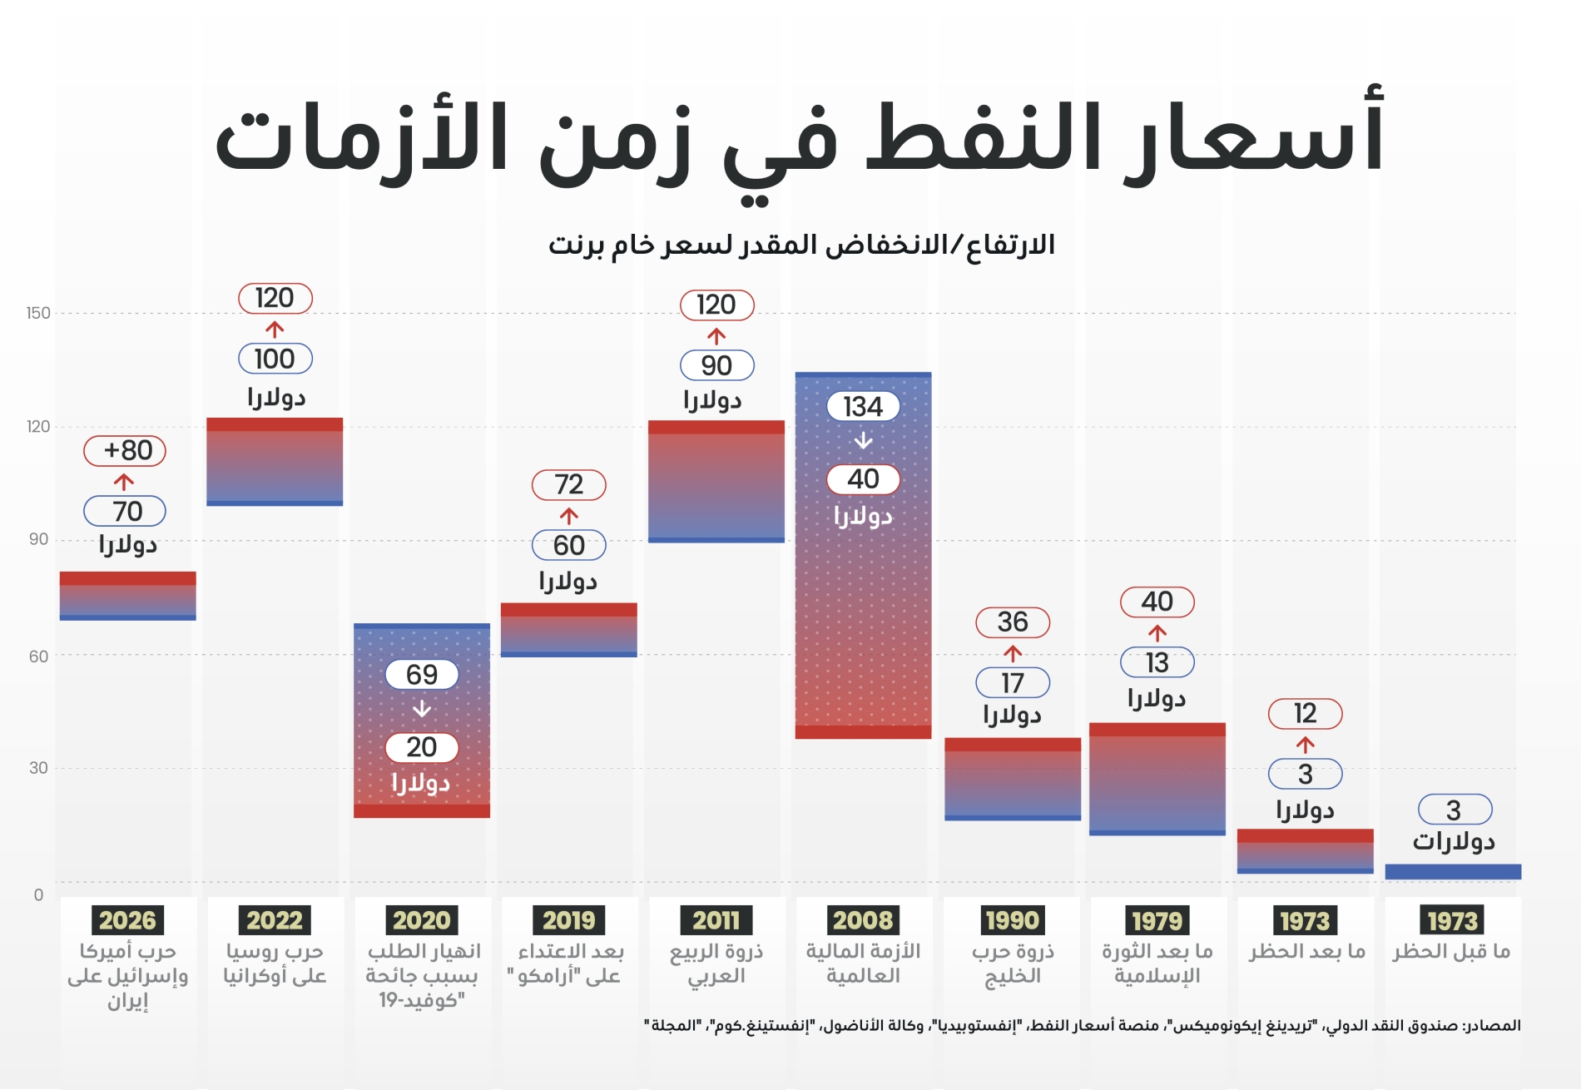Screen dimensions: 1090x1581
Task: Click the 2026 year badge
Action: tap(127, 920)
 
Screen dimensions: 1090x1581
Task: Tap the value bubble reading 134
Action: tap(863, 407)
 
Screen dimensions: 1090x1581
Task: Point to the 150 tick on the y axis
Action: tap(38, 313)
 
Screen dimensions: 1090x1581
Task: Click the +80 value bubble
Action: tap(125, 451)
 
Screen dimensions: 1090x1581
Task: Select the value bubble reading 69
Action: tap(422, 675)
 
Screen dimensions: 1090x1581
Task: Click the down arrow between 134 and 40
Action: tap(864, 441)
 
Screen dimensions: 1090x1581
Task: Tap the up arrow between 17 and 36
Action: tap(1013, 652)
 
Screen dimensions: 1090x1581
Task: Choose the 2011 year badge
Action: tap(716, 920)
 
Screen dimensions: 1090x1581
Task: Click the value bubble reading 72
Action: tap(569, 484)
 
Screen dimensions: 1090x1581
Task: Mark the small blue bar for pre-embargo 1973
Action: tap(1453, 872)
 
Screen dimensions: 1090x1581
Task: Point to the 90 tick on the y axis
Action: tap(38, 539)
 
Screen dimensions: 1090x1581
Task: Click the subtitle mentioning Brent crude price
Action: tap(800, 245)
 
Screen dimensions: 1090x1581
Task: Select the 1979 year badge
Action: tap(1157, 920)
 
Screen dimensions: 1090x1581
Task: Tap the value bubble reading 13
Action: tap(1157, 662)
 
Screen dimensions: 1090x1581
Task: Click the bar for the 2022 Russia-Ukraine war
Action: tap(275, 463)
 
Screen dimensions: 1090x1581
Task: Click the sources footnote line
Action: tap(1082, 1025)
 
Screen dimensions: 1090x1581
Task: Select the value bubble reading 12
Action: tap(1305, 714)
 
